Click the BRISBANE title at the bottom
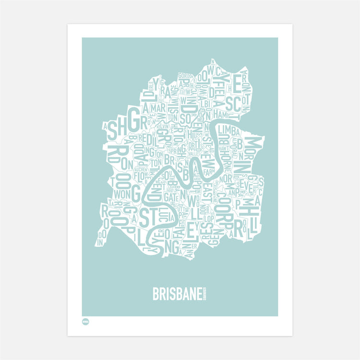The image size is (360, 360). point(176,294)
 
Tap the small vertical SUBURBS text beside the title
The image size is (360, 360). point(204,294)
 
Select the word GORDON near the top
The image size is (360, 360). point(185,76)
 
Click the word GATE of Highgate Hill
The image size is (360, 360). point(171,196)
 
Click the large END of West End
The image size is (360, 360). point(156,194)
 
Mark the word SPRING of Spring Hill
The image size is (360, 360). point(180,150)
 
